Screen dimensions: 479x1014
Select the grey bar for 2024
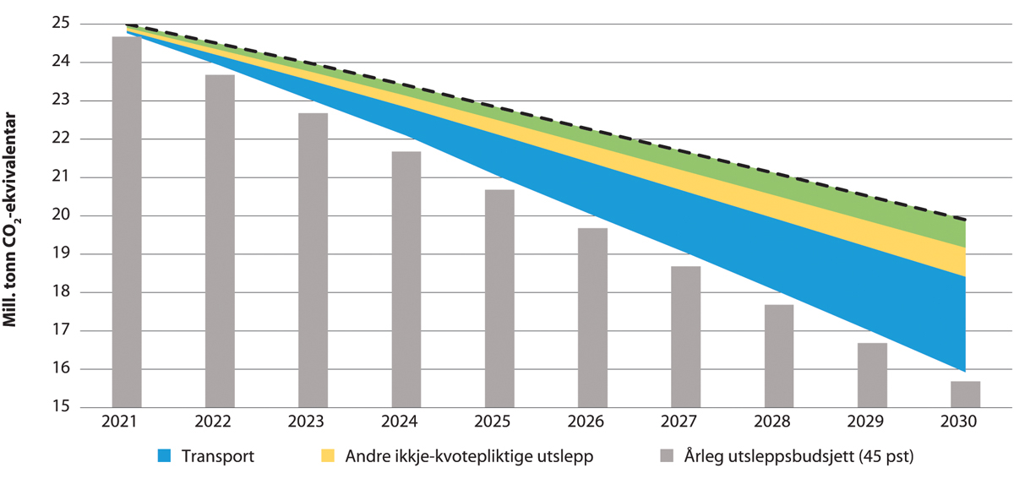[406, 280]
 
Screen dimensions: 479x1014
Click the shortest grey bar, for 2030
[964, 395]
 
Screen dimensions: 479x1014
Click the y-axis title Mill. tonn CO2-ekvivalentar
[15, 215]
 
